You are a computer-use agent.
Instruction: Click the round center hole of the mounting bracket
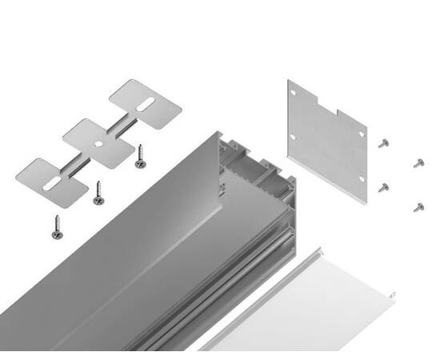click(x=95, y=143)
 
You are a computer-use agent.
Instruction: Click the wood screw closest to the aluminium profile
click(x=141, y=156)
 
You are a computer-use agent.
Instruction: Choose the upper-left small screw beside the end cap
click(x=384, y=142)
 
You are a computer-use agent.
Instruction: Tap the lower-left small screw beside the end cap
click(x=384, y=187)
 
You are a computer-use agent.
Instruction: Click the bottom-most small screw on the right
click(x=418, y=207)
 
